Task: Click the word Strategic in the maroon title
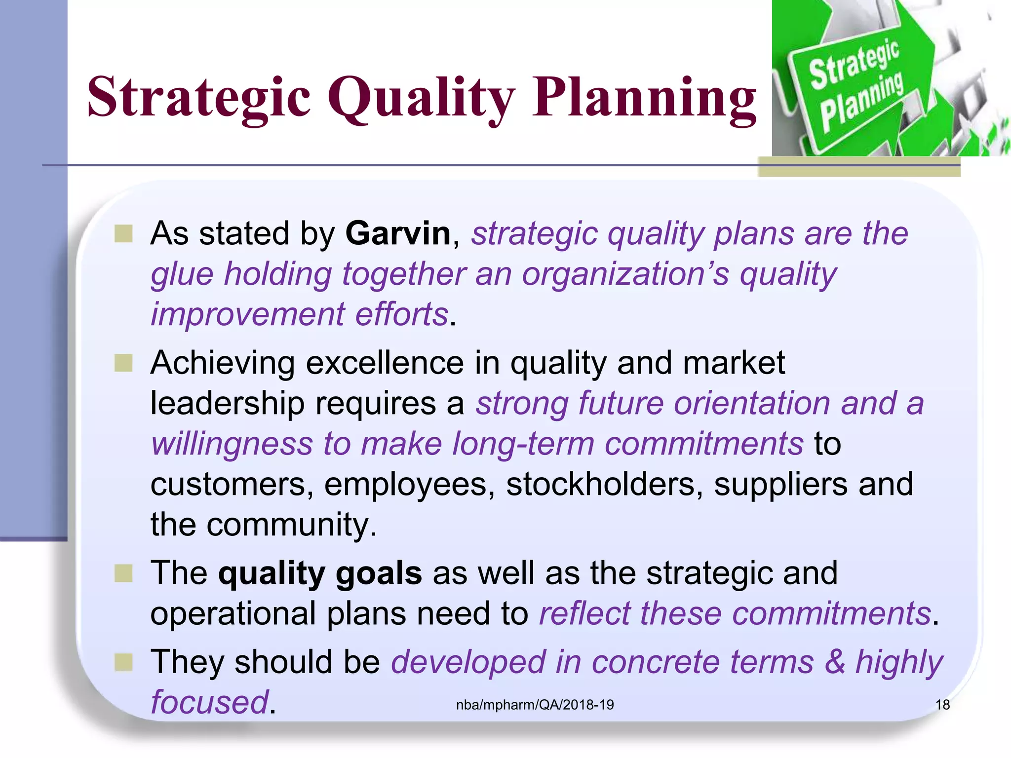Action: coord(198,97)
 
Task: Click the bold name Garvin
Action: coord(398,233)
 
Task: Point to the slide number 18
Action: coord(942,705)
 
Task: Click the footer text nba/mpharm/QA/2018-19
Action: coord(535,705)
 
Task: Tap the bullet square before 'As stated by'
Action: coord(123,234)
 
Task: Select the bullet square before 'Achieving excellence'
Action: coord(123,363)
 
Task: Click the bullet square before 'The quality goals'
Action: coord(123,573)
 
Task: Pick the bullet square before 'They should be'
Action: coord(123,662)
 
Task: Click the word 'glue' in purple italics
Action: coord(182,274)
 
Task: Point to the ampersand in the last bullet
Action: coord(835,662)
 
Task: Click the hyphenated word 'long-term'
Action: coord(523,444)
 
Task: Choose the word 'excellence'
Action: coord(385,363)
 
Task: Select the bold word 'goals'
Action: coord(379,573)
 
